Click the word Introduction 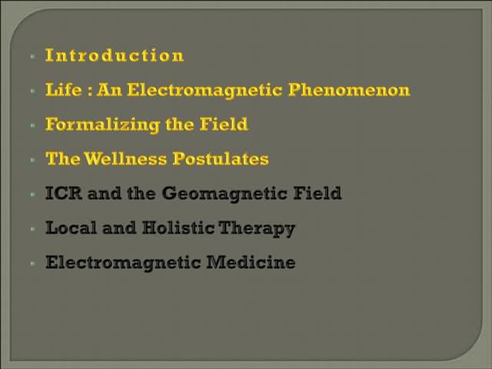pos(115,55)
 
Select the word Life pos(64,89)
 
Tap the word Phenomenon pos(349,90)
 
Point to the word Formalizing pos(102,125)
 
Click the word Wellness pos(125,158)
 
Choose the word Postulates pos(221,158)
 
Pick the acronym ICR pos(64,193)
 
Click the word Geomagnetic pos(224,194)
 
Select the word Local pos(71,228)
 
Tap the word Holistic pos(178,228)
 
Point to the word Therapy pos(257,228)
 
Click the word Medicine pos(251,261)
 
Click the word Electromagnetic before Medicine pos(123,263)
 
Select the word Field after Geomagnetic pos(317,193)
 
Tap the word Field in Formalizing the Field pos(224,124)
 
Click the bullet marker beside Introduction pos(33,56)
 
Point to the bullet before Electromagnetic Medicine pos(33,263)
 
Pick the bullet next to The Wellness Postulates pos(33,160)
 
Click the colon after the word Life pos(90,91)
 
